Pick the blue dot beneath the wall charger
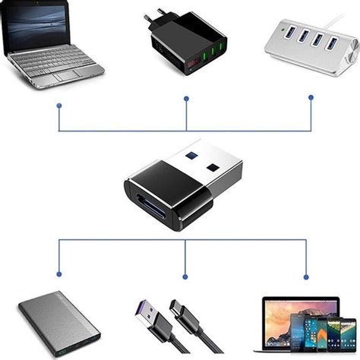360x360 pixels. click(x=187, y=98)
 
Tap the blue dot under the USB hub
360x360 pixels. click(x=311, y=97)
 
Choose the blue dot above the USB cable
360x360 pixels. click(x=185, y=276)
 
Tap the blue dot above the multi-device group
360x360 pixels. click(x=306, y=276)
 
